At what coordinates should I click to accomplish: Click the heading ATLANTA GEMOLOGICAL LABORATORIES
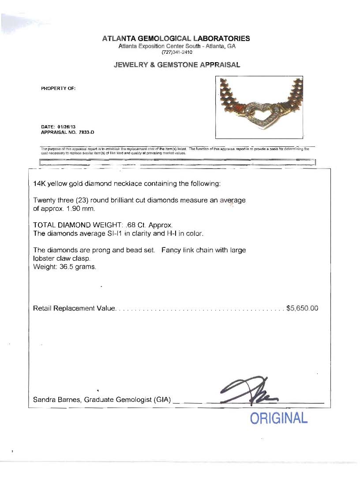176,38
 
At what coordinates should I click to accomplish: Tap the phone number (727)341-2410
177,52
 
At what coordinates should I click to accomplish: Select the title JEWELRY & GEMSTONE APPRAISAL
177,65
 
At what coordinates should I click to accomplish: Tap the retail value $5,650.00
302,308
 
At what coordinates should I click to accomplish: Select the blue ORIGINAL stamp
278,418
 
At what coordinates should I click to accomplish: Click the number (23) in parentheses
82,200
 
